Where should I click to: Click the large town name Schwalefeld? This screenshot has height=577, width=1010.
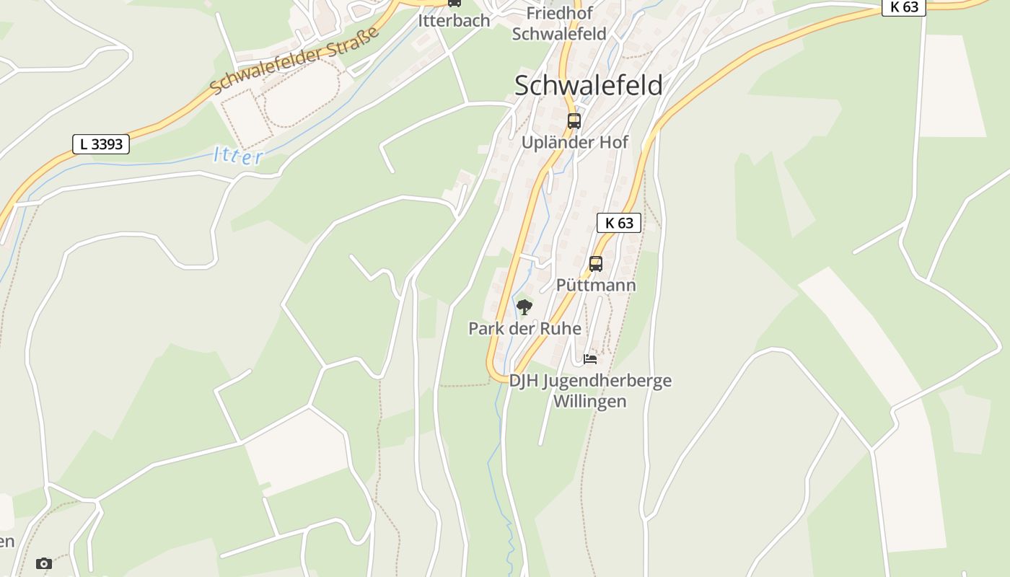[588, 85]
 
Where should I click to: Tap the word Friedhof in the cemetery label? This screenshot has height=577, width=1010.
[559, 13]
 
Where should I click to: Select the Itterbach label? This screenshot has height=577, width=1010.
[454, 20]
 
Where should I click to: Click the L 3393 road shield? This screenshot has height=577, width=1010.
[101, 144]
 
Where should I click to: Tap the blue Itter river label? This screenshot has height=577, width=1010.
[238, 156]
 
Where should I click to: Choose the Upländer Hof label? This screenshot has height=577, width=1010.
[574, 142]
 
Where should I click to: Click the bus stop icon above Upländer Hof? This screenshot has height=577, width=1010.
[574, 121]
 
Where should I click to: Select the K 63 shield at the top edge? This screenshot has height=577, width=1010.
[904, 7]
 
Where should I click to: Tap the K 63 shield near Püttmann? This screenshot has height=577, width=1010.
[619, 222]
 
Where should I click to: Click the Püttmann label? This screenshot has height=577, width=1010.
[596, 285]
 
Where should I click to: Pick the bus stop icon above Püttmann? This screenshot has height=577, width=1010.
[596, 264]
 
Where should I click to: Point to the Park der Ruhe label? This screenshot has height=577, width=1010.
[524, 328]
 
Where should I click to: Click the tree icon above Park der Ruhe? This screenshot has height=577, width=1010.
[524, 308]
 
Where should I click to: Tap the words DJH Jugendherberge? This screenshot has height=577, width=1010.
[590, 380]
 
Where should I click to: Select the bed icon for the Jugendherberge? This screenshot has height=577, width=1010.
[590, 358]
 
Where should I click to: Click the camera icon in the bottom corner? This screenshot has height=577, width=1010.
[44, 563]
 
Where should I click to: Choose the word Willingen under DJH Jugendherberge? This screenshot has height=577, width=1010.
[589, 401]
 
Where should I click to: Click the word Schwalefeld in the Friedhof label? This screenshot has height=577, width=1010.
[559, 33]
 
